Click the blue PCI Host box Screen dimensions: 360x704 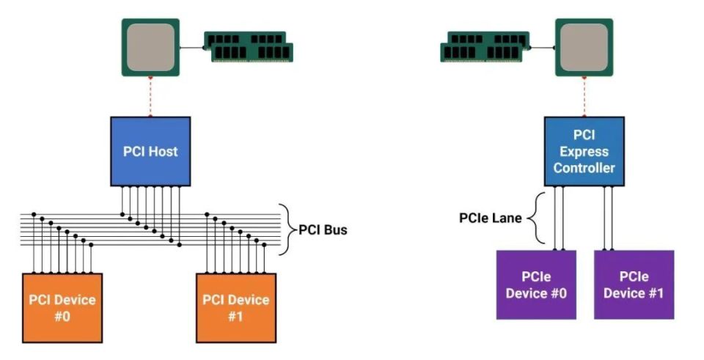(150, 151)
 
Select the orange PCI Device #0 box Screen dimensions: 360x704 (62, 307)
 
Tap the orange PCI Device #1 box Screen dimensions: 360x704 (236, 307)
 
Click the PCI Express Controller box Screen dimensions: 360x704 (584, 152)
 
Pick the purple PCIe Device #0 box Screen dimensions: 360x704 (536, 284)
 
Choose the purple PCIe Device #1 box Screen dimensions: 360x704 (634, 284)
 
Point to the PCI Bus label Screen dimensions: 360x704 (323, 229)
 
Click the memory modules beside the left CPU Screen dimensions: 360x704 (248, 45)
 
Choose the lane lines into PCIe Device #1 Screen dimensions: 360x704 (608, 218)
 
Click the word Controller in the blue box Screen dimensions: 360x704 (584, 169)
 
